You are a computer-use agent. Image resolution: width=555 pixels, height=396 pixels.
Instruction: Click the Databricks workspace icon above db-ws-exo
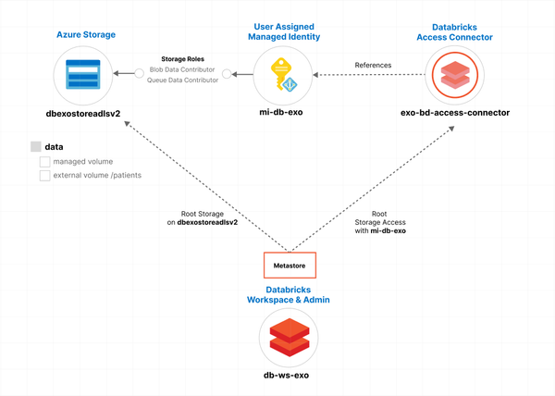pyautogui.click(x=288, y=336)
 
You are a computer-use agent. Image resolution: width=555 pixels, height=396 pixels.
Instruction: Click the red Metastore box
pyautogui.click(x=290, y=266)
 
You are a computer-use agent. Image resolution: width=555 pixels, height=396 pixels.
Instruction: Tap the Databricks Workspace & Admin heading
pyautogui.click(x=288, y=294)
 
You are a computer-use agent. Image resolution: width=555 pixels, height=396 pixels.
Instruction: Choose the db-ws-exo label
pyautogui.click(x=288, y=377)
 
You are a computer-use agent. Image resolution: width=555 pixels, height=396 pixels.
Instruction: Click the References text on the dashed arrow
pyautogui.click(x=374, y=65)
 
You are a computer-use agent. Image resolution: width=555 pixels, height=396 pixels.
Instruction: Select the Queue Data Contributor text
pyautogui.click(x=182, y=80)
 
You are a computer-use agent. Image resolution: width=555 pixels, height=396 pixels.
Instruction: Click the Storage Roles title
pyautogui.click(x=183, y=58)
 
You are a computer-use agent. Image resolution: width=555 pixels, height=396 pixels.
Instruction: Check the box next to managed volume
pyautogui.click(x=44, y=162)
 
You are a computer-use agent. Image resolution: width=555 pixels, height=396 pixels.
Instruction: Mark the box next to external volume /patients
pyautogui.click(x=44, y=176)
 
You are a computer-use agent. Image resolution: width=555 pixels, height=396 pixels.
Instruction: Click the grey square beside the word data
pyautogui.click(x=35, y=146)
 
